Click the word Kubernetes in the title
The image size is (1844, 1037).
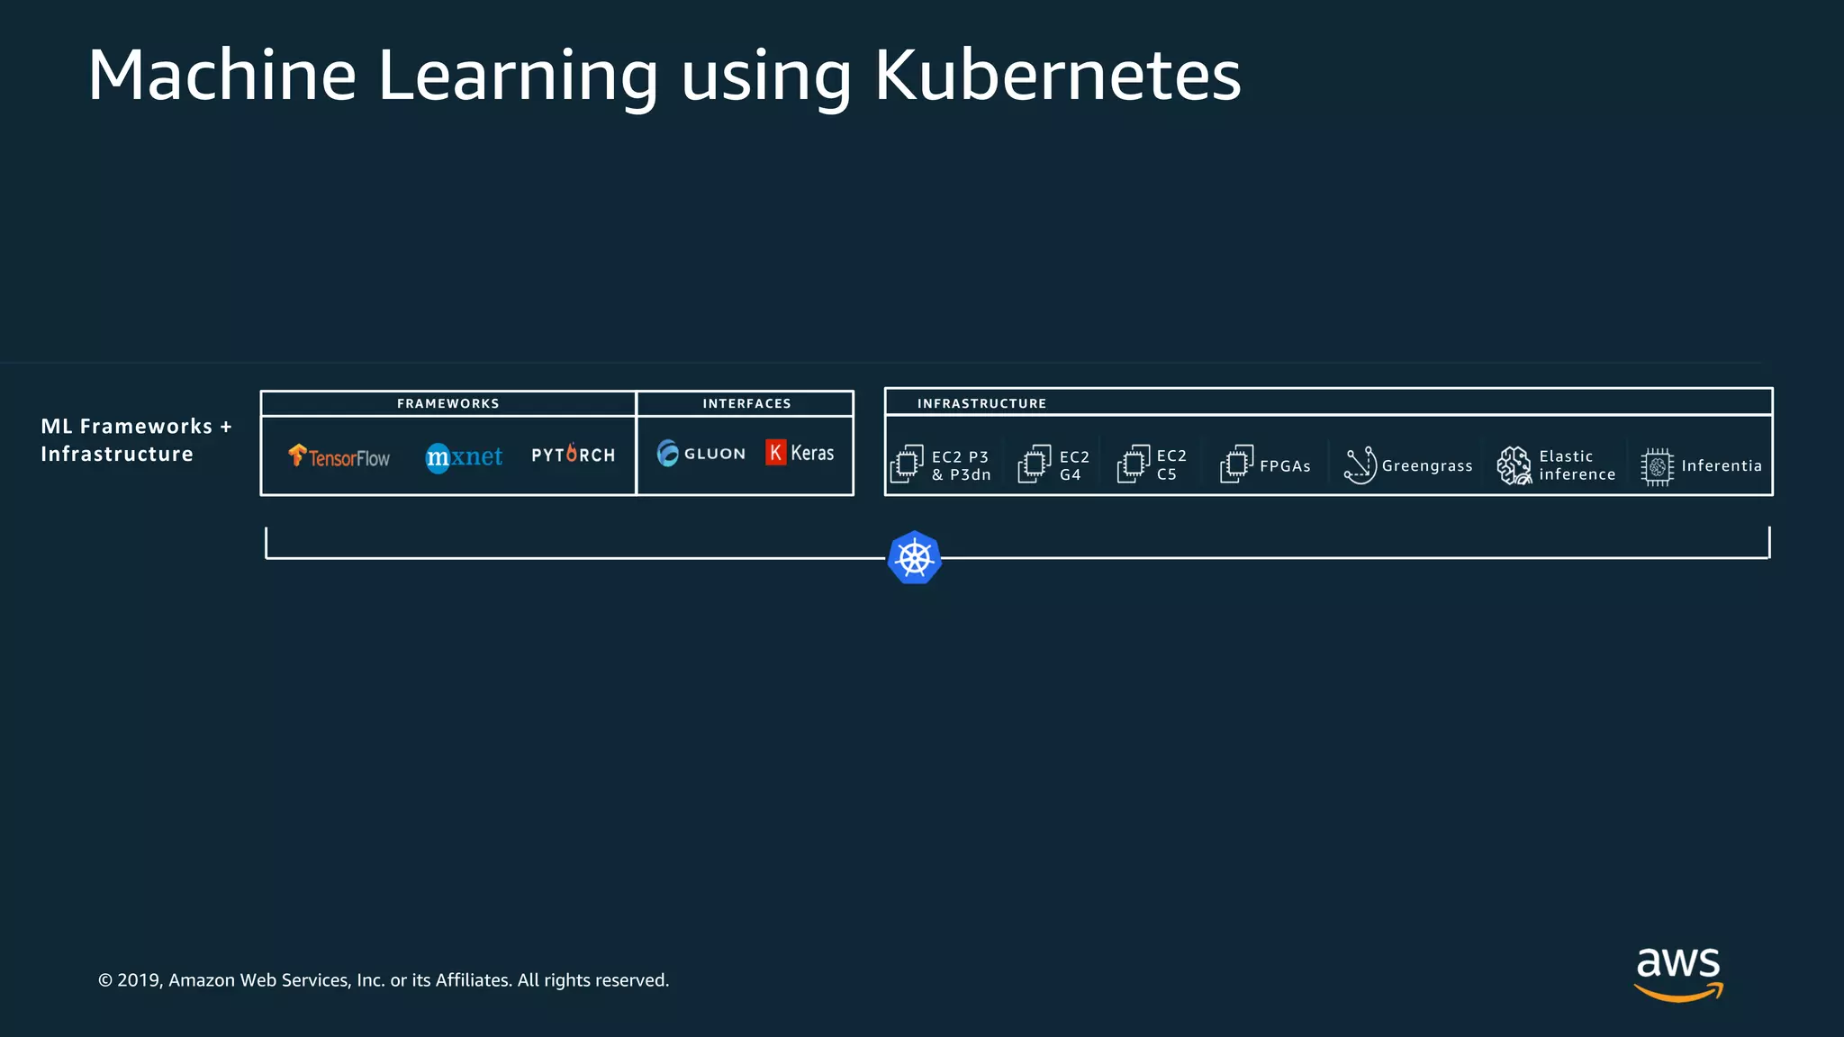pos(1057,76)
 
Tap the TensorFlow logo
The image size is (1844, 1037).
pos(339,456)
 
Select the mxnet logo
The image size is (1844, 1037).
pos(464,457)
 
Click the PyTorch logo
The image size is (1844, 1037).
pos(573,455)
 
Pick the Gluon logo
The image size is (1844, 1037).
pos(701,453)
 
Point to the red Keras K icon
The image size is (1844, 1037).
pos(775,452)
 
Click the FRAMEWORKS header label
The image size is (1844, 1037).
pos(447,403)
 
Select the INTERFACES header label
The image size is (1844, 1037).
pos(746,403)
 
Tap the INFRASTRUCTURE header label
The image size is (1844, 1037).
pos(981,403)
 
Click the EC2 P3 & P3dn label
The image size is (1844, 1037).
pos(961,465)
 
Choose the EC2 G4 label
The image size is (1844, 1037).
pos(1073,465)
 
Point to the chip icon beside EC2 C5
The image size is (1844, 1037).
pos(1134,464)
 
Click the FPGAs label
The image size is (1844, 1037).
pos(1285,466)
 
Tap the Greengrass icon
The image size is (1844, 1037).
pos(1360,465)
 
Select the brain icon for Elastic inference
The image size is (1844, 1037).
pos(1514,465)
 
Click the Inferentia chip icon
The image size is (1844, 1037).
pos(1657,466)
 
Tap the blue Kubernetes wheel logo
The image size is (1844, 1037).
pos(914,558)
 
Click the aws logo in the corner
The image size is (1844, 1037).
pos(1678,972)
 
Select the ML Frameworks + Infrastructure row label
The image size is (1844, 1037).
pos(135,440)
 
